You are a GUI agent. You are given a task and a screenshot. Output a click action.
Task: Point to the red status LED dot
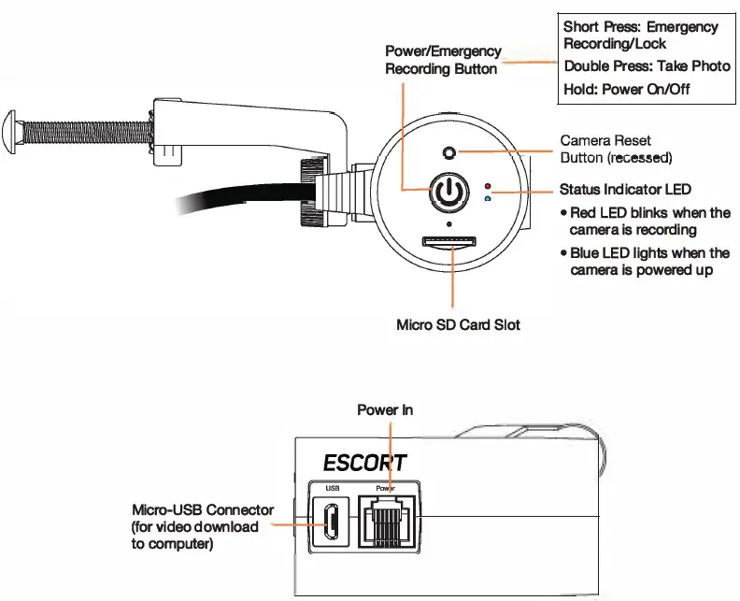click(488, 188)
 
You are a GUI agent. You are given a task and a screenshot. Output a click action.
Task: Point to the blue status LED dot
click(488, 198)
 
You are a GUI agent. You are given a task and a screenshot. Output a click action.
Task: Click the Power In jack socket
click(386, 522)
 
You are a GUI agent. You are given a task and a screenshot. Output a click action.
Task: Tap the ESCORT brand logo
click(364, 463)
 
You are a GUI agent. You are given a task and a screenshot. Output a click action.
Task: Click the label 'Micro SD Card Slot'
click(458, 325)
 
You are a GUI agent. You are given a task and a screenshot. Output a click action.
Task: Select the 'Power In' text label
click(385, 409)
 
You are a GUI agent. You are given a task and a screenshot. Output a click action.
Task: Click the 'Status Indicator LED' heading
click(625, 190)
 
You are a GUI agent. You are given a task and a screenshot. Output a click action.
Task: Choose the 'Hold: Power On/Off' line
click(627, 90)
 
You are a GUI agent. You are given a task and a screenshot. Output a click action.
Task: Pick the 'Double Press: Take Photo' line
click(647, 66)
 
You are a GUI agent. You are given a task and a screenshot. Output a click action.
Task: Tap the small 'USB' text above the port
click(332, 487)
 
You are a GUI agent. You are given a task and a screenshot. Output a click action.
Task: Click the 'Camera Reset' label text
click(605, 141)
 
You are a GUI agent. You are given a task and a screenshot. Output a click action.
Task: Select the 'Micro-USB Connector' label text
click(203, 509)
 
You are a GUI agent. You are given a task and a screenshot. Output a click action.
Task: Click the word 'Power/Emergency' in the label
click(443, 51)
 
